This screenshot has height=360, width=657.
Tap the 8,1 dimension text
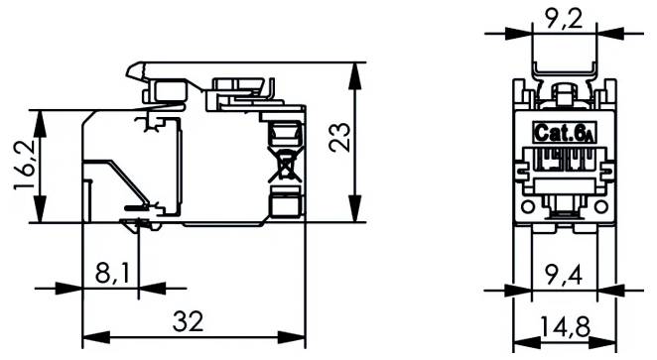tap(111, 272)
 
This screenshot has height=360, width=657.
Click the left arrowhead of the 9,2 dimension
tap(520, 32)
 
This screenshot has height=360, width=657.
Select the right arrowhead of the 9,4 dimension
tap(601, 290)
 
